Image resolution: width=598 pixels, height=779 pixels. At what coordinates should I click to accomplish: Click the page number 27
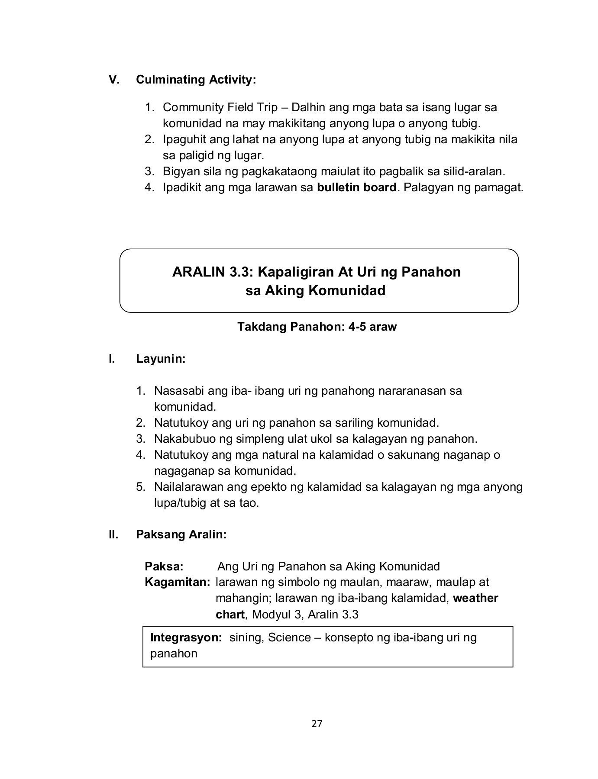tap(317, 724)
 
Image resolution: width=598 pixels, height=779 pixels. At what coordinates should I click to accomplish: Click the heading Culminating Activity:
tap(196, 80)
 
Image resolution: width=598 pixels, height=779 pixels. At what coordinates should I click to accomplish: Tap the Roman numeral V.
tap(114, 80)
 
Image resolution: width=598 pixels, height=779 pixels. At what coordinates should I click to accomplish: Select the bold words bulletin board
tap(357, 187)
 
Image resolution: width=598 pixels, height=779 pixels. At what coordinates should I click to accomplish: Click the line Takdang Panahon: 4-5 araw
tap(317, 327)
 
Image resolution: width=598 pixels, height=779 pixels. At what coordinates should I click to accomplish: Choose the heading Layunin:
tap(161, 359)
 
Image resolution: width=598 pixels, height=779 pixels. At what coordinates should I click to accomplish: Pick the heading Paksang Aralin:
tap(181, 534)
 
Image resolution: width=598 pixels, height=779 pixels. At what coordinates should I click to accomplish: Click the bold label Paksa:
tap(164, 567)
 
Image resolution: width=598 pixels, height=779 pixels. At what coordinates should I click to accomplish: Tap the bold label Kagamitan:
tap(178, 582)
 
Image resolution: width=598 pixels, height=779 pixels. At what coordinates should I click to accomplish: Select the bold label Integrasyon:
tap(186, 637)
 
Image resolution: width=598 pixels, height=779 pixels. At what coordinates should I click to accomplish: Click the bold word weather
tap(475, 598)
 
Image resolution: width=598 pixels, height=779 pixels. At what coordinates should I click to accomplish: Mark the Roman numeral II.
tap(113, 534)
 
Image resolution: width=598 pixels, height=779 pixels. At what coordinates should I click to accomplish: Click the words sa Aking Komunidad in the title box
tap(315, 290)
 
